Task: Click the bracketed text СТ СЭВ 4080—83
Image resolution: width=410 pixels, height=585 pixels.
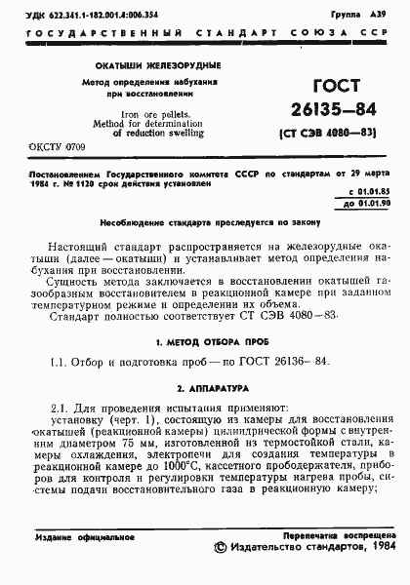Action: tap(321, 134)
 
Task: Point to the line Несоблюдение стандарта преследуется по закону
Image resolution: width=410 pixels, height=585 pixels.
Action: tap(204, 223)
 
